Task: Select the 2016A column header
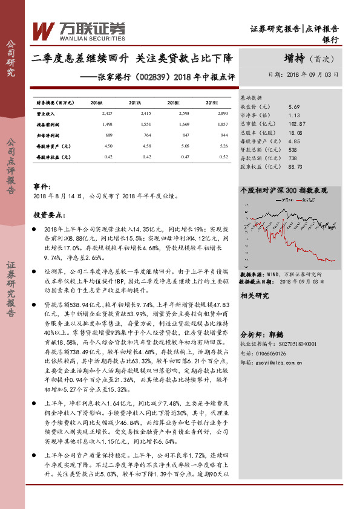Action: pyautogui.click(x=96, y=103)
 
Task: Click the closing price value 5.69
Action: pyautogui.click(x=294, y=105)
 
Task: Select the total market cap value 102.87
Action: pyautogui.click(x=297, y=123)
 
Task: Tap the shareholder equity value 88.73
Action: pyautogui.click(x=296, y=166)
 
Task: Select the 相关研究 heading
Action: pyautogui.click(x=254, y=295)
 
